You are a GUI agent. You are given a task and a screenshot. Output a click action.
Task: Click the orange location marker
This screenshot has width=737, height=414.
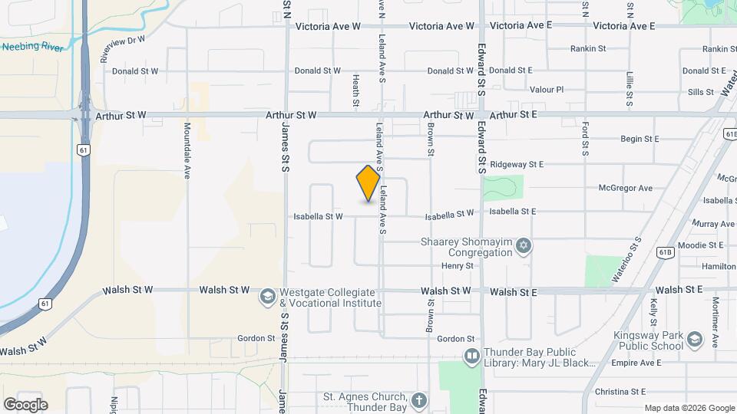click(x=368, y=183)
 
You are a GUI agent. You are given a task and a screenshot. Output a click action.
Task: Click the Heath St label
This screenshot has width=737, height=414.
click(x=356, y=90)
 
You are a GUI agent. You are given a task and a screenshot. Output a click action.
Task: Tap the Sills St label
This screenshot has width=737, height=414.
click(x=701, y=92)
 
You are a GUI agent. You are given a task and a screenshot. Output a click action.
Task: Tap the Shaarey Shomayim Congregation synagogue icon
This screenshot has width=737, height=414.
click(x=524, y=246)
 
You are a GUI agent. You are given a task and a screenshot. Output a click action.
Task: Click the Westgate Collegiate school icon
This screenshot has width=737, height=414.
click(x=267, y=297)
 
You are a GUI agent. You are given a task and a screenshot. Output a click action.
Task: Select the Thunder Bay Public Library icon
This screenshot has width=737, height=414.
click(x=471, y=356)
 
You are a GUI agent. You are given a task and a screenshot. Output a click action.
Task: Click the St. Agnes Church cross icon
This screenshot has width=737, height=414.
click(x=418, y=401)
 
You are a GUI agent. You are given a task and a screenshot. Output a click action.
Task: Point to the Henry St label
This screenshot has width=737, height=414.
click(x=458, y=265)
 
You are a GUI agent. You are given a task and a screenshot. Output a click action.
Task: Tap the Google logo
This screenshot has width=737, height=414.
click(x=25, y=404)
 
